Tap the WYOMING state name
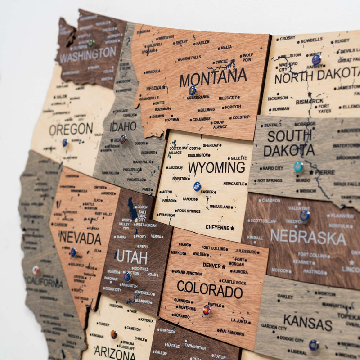coord(216,168)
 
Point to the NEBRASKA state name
coord(308,237)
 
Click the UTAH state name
coord(132,257)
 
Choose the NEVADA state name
coord(80,237)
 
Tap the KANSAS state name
coord(308,322)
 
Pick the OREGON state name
coord(71,130)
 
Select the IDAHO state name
coord(123,126)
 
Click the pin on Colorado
coord(206,310)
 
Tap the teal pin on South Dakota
coord(298,166)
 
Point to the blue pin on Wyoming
coord(197,186)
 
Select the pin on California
coord(36,270)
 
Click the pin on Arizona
coord(114,334)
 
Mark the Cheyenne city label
coord(217,228)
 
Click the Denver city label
coord(211,265)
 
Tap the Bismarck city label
coord(310,101)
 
